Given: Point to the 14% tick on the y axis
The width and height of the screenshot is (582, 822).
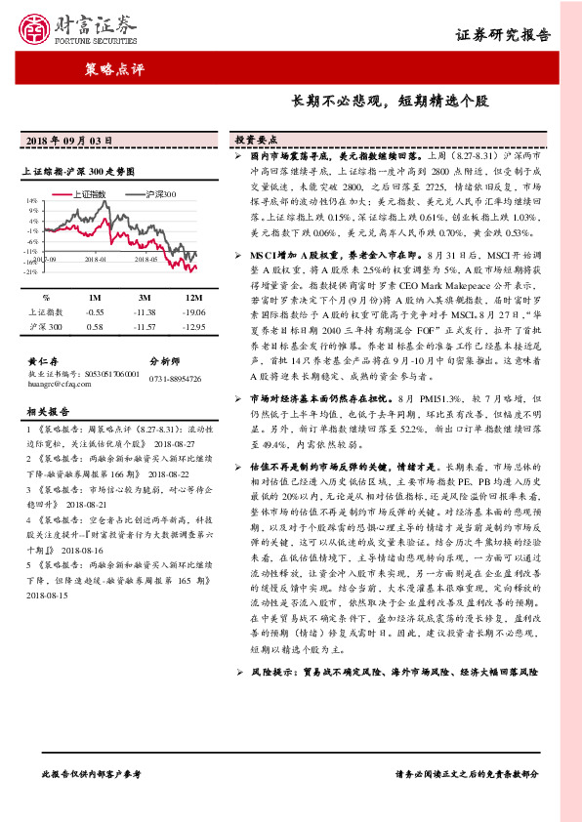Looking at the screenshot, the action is point(32,199).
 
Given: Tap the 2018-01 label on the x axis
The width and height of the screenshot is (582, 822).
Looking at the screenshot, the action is point(94,260).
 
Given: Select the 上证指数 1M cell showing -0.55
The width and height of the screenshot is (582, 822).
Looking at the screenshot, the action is point(95,311).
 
